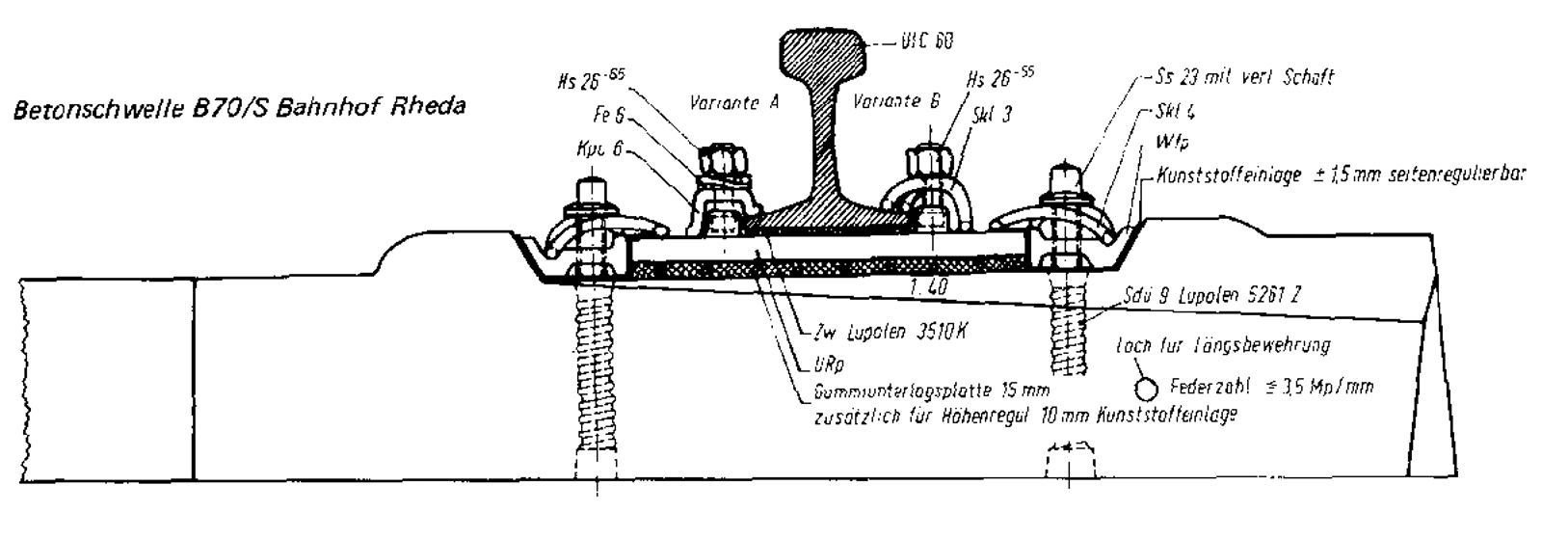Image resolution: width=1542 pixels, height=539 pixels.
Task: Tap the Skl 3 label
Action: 994,114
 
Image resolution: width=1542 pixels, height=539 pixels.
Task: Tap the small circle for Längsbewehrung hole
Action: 1146,389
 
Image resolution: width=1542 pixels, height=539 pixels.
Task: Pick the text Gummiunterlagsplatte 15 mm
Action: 930,391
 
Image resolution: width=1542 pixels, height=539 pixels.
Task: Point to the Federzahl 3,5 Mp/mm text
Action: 1270,388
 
